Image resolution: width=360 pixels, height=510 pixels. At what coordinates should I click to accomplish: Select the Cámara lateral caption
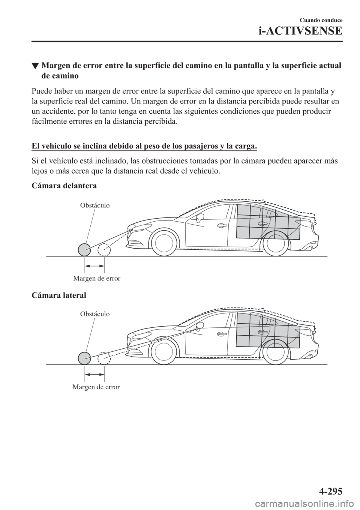[59, 295]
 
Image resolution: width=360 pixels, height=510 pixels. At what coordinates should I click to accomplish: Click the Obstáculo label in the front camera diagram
[95, 205]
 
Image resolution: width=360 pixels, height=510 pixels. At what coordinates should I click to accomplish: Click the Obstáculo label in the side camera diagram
[95, 313]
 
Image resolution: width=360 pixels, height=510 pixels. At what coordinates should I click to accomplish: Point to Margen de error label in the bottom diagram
[96, 387]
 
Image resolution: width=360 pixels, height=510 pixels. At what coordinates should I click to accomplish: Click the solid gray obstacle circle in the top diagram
[85, 249]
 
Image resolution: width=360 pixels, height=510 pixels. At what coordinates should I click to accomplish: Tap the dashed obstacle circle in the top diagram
[104, 249]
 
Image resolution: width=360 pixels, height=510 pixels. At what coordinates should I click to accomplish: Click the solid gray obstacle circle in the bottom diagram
[85, 358]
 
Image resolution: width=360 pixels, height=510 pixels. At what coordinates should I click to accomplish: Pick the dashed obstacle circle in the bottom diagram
[104, 358]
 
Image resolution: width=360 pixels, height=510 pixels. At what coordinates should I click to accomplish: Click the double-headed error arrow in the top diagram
[94, 265]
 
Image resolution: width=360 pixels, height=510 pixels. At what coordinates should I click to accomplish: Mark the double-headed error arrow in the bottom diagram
[94, 374]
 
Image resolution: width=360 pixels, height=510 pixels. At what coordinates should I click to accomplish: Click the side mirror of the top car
[199, 217]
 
